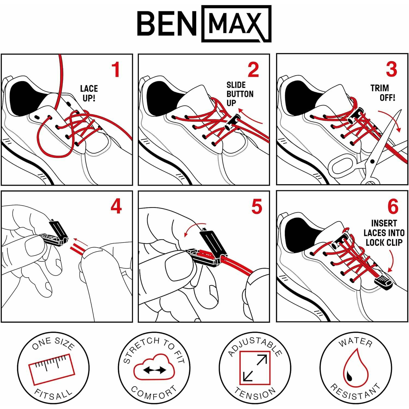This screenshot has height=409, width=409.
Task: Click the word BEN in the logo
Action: (167, 24)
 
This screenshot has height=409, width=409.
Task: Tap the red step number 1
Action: (116, 70)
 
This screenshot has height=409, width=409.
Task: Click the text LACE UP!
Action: (89, 93)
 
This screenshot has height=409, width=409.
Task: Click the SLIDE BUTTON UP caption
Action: (239, 94)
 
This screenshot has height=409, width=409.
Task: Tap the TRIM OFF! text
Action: (383, 93)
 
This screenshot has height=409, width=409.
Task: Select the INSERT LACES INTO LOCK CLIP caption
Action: (384, 233)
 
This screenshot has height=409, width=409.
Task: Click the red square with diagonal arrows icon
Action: (255, 368)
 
